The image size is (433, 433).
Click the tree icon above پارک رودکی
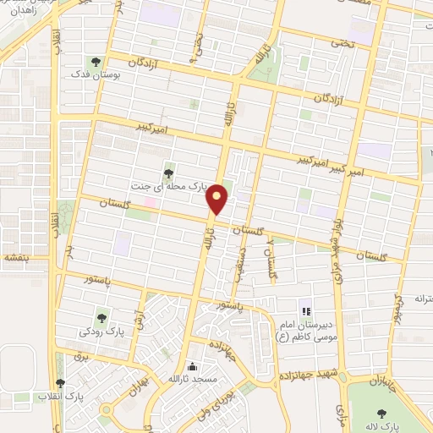[102, 318]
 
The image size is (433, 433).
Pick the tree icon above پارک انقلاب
[58, 382]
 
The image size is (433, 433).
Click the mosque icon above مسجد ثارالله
[194, 366]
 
